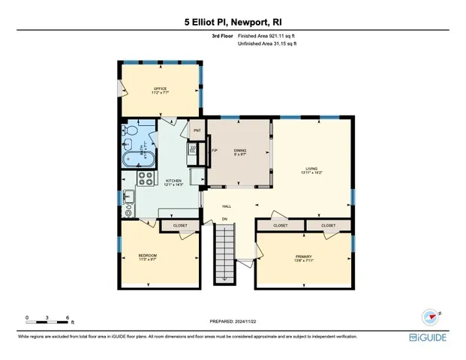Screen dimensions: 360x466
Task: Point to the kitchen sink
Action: click(x=129, y=198)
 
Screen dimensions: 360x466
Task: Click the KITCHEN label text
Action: click(x=173, y=181)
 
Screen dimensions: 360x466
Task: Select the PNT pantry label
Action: click(x=197, y=130)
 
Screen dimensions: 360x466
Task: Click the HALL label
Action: click(x=227, y=205)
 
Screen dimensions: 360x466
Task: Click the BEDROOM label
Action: click(x=147, y=256)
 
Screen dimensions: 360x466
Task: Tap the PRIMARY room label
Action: click(x=303, y=257)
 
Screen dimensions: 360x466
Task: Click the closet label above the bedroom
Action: click(x=180, y=225)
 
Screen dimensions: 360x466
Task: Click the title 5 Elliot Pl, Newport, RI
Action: click(x=233, y=22)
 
